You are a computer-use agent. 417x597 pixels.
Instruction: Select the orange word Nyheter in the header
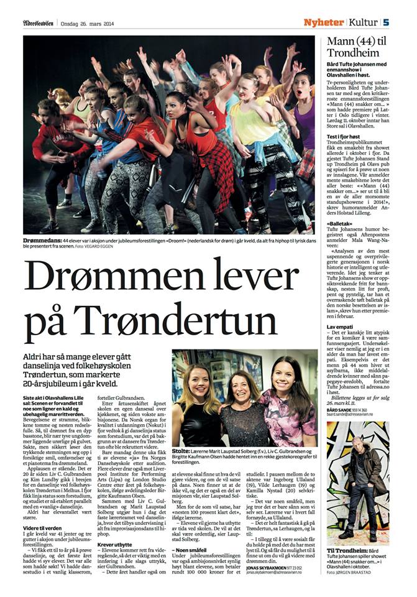point(323,22)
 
